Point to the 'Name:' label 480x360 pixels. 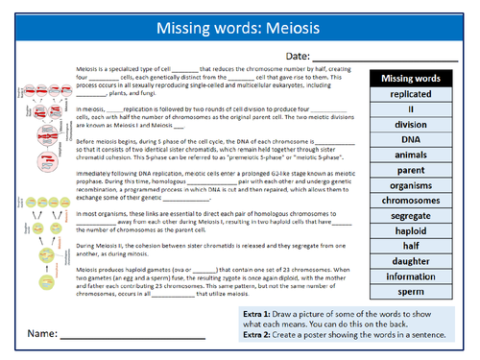[x=41, y=336]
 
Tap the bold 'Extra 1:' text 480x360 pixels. [x=258, y=317]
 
